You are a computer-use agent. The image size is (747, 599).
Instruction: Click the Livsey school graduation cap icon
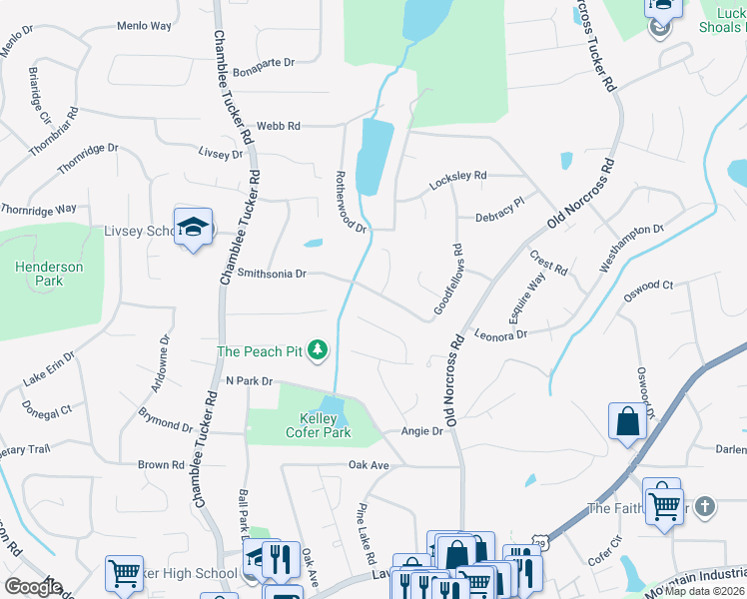[193, 227]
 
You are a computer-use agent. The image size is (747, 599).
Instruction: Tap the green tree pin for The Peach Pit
[318, 349]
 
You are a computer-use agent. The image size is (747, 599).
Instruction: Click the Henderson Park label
[48, 274]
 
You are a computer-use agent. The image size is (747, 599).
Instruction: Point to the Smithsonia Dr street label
[272, 273]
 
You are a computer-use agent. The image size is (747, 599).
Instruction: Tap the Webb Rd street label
[278, 126]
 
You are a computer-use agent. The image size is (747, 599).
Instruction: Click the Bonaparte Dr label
[264, 62]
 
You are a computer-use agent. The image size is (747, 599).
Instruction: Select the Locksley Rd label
[457, 177]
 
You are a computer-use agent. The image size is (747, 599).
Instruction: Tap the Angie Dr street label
[421, 431]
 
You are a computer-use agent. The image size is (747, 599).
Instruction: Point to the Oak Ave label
[368, 465]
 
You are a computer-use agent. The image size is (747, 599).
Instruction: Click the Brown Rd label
[160, 465]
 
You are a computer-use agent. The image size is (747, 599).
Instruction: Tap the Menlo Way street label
[144, 26]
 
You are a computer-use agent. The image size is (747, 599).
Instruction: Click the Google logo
[34, 587]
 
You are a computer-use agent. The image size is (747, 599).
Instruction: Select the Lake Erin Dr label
[48, 368]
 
